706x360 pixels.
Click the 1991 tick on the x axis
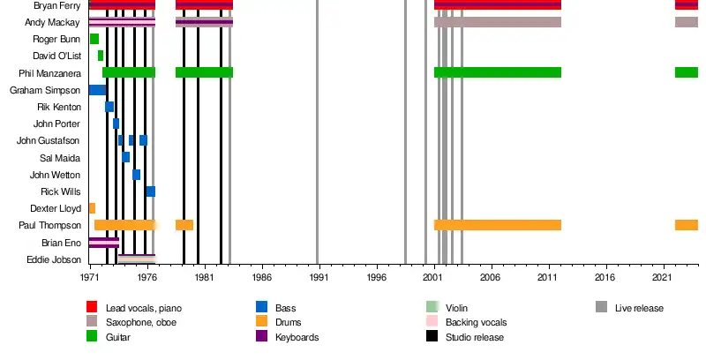click(319, 276)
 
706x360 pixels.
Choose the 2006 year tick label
click(491, 276)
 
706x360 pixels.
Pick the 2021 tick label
click(663, 276)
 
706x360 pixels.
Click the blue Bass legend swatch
click(261, 307)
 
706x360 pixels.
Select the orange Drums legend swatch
click(261, 322)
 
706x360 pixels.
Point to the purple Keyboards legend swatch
click(261, 337)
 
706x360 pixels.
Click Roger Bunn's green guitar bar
click(94, 39)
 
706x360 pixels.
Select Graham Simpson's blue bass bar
click(97, 89)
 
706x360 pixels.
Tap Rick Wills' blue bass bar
click(151, 191)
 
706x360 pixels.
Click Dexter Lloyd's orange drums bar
click(92, 208)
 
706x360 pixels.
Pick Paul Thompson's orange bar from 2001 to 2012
click(498, 225)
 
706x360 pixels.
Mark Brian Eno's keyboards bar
click(104, 242)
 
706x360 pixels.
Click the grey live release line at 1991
click(318, 132)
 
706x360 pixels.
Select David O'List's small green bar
click(101, 56)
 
